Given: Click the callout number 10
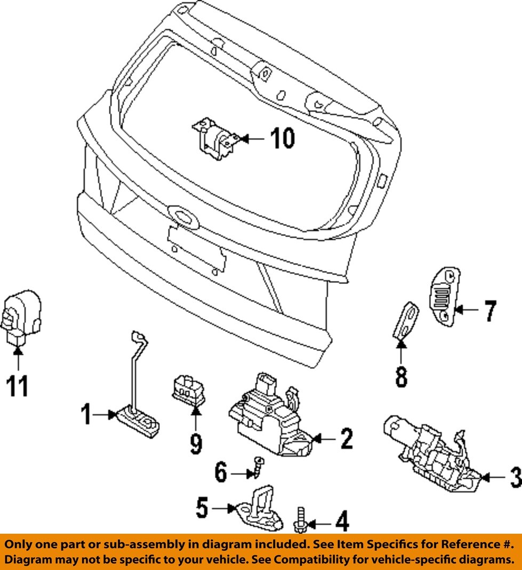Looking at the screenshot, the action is [x=282, y=138].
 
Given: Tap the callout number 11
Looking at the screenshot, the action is [x=17, y=386].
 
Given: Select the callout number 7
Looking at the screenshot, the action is [x=489, y=311].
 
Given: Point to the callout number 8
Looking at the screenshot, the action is [x=401, y=376].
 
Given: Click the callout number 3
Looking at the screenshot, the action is [x=516, y=477].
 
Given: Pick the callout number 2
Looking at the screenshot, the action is [x=347, y=438].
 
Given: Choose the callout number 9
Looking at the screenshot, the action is [x=196, y=444].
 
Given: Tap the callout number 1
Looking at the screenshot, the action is [x=86, y=414].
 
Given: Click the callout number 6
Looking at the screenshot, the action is [x=221, y=472].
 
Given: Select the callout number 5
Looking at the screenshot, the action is [x=202, y=508].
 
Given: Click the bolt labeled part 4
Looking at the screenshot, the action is [x=300, y=519].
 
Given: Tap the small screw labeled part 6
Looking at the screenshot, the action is [x=259, y=467].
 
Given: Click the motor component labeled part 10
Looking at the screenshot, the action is [x=216, y=138].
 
